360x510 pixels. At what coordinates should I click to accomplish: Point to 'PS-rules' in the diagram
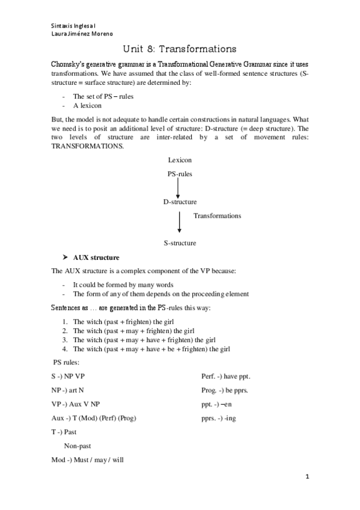tap(180, 174)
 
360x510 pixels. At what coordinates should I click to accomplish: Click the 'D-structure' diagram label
tap(180, 202)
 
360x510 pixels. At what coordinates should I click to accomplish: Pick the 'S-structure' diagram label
tap(180, 243)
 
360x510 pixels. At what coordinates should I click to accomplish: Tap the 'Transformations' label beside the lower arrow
tap(217, 215)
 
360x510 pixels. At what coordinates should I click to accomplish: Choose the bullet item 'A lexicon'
tap(87, 105)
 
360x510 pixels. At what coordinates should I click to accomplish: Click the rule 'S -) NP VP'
tap(69, 376)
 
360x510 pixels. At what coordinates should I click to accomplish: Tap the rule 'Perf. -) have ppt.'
tap(225, 376)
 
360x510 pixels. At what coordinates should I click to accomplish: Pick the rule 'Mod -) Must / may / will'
tap(87, 459)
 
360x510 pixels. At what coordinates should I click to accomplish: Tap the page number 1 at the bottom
tap(307, 477)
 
